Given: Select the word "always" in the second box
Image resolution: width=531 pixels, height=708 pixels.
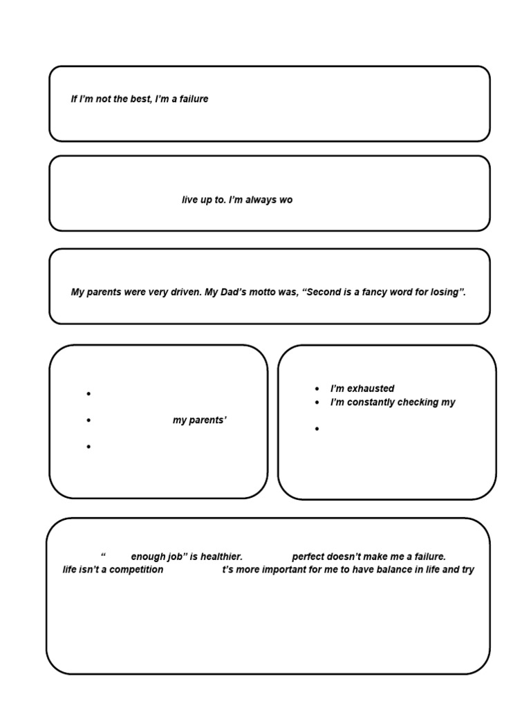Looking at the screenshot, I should pyautogui.click(x=261, y=200).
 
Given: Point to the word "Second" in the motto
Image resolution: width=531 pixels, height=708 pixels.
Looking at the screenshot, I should pyautogui.click(x=325, y=292).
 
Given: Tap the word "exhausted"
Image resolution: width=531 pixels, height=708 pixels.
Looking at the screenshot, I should pyautogui.click(x=373, y=389).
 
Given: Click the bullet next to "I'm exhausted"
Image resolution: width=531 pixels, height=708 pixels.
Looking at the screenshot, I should pyautogui.click(x=317, y=389).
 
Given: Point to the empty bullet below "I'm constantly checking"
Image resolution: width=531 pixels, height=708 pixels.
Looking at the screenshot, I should pyautogui.click(x=317, y=429).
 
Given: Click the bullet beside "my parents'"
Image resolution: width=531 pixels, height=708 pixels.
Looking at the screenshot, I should pyautogui.click(x=88, y=420).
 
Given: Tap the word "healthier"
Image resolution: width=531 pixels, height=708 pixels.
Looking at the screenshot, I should pyautogui.click(x=220, y=557).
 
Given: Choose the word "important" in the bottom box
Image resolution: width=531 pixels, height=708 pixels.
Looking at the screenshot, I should pyautogui.click(x=288, y=570).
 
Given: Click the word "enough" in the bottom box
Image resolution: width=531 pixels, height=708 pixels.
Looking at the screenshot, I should pyautogui.click(x=147, y=557).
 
